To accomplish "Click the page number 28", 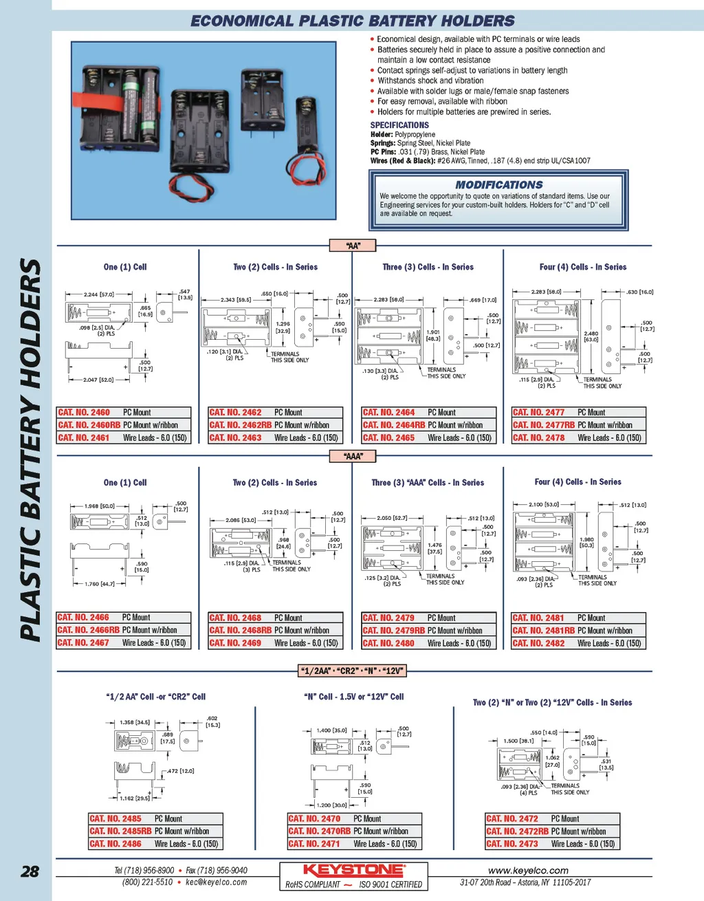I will pyautogui.click(x=30, y=871).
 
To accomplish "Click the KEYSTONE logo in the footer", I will pyautogui.click(x=353, y=870).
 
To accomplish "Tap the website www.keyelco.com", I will pyautogui.click(x=528, y=871).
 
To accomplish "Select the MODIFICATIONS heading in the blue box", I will pyautogui.click(x=498, y=185).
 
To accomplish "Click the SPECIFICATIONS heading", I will pyautogui.click(x=399, y=125).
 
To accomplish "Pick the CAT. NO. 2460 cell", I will pyautogui.click(x=84, y=413).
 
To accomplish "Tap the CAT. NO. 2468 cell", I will pyautogui.click(x=235, y=618).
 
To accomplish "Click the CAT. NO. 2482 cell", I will pyautogui.click(x=538, y=644).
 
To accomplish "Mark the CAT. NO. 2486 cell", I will pyautogui.click(x=115, y=844).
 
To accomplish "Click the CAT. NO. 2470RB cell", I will pyautogui.click(x=319, y=832).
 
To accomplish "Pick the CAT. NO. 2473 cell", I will pyautogui.click(x=512, y=844).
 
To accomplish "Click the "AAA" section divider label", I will pyautogui.click(x=353, y=456).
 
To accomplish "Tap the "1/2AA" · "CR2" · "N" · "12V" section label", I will pyautogui.click(x=353, y=671).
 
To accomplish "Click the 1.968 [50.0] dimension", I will pyautogui.click(x=100, y=506).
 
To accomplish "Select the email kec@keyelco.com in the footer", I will pyautogui.click(x=216, y=882).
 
